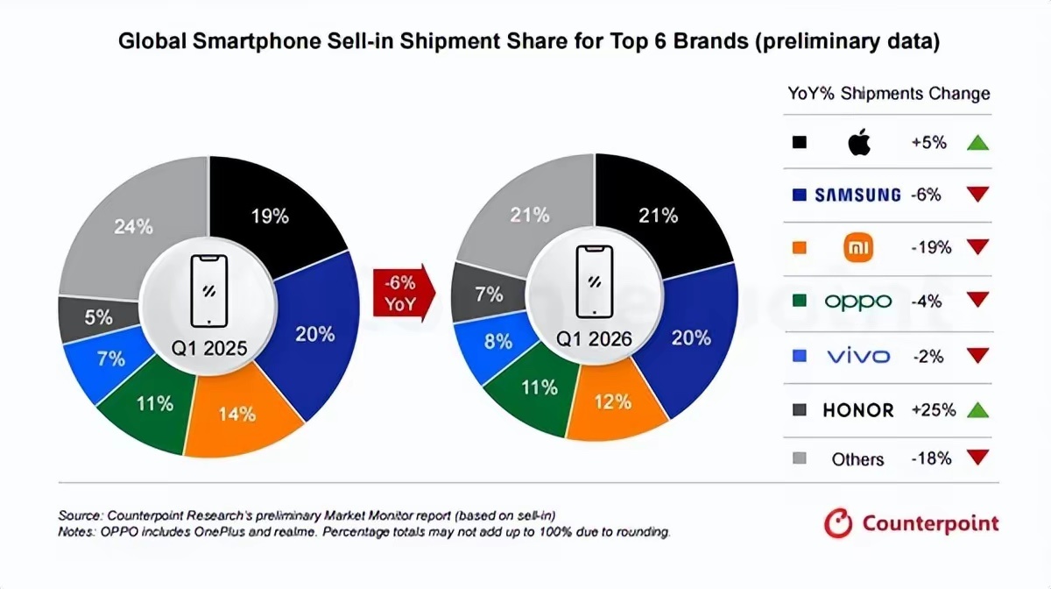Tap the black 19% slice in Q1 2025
pyautogui.click(x=270, y=215)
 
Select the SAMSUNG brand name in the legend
pyautogui.click(x=857, y=195)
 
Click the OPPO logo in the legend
pyautogui.click(x=857, y=302)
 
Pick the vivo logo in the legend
pyautogui.click(x=857, y=355)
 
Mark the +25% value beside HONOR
pyautogui.click(x=929, y=408)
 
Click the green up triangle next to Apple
pyautogui.click(x=978, y=142)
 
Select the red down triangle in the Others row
pyautogui.click(x=978, y=458)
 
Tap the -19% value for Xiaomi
pyautogui.click(x=929, y=248)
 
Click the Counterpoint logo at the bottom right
pyautogui.click(x=911, y=524)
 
